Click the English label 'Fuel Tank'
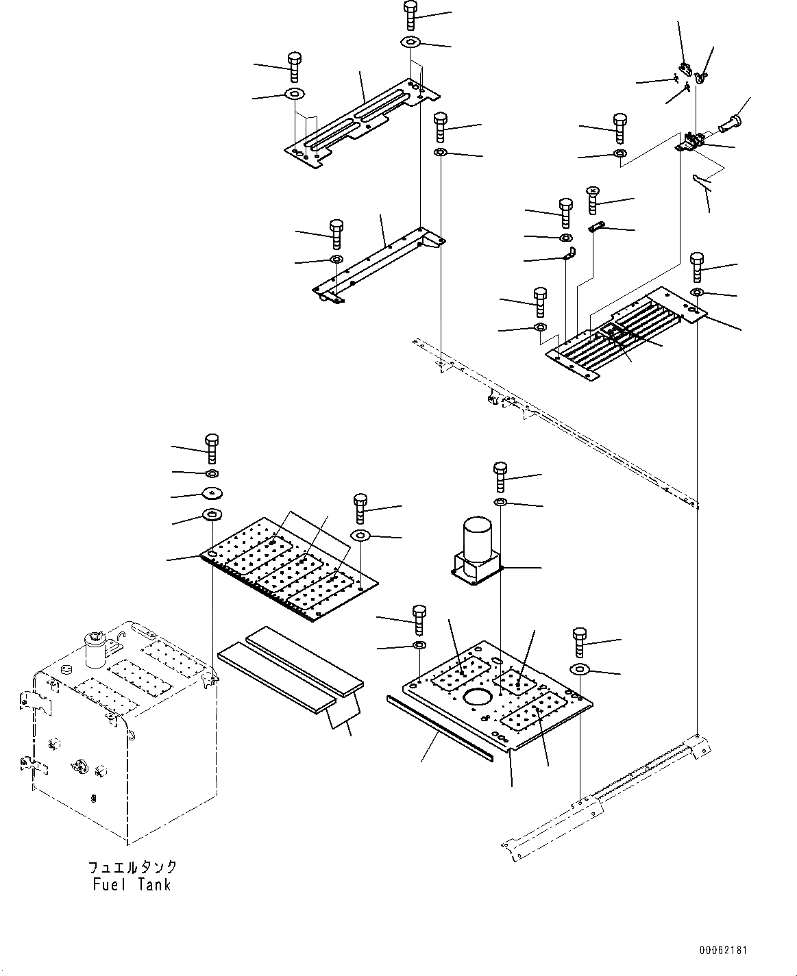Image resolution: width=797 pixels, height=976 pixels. pyautogui.click(x=132, y=884)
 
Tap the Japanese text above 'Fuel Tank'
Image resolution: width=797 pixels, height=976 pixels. pyautogui.click(x=132, y=867)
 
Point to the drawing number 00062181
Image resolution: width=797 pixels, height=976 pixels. pyautogui.click(x=724, y=951)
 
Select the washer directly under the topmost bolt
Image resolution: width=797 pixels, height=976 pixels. pyautogui.click(x=411, y=42)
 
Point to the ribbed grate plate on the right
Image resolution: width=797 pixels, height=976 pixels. pyautogui.click(x=624, y=332)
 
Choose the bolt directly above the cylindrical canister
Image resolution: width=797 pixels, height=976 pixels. pyautogui.click(x=500, y=477)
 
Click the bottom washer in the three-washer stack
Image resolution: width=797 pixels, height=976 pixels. pyautogui.click(x=212, y=515)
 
